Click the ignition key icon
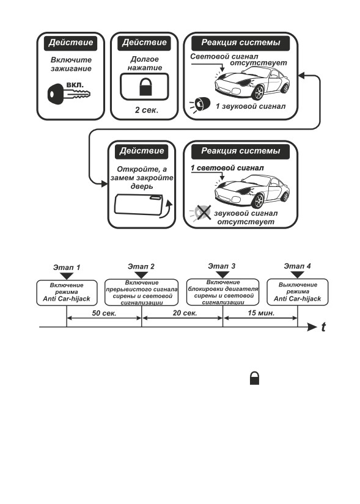pyautogui.click(x=68, y=94)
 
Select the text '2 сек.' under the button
pyautogui.click(x=147, y=110)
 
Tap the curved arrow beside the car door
pyautogui.click(x=167, y=211)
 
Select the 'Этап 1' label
pyautogui.click(x=67, y=268)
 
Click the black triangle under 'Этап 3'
pyautogui.click(x=222, y=275)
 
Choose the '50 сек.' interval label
pyautogui.click(x=104, y=313)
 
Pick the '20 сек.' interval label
pyautogui.click(x=185, y=313)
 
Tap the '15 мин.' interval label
pyautogui.click(x=261, y=313)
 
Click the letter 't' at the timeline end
pyautogui.click(x=323, y=327)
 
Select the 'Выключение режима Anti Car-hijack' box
pyautogui.click(x=298, y=292)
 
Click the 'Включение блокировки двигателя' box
pyautogui.click(x=222, y=292)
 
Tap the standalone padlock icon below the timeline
pyautogui.click(x=254, y=378)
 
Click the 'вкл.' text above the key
pyautogui.click(x=75, y=86)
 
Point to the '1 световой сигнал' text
pyautogui.click(x=227, y=168)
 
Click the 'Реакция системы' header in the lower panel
pyautogui.click(x=240, y=151)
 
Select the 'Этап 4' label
pyautogui.click(x=297, y=266)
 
